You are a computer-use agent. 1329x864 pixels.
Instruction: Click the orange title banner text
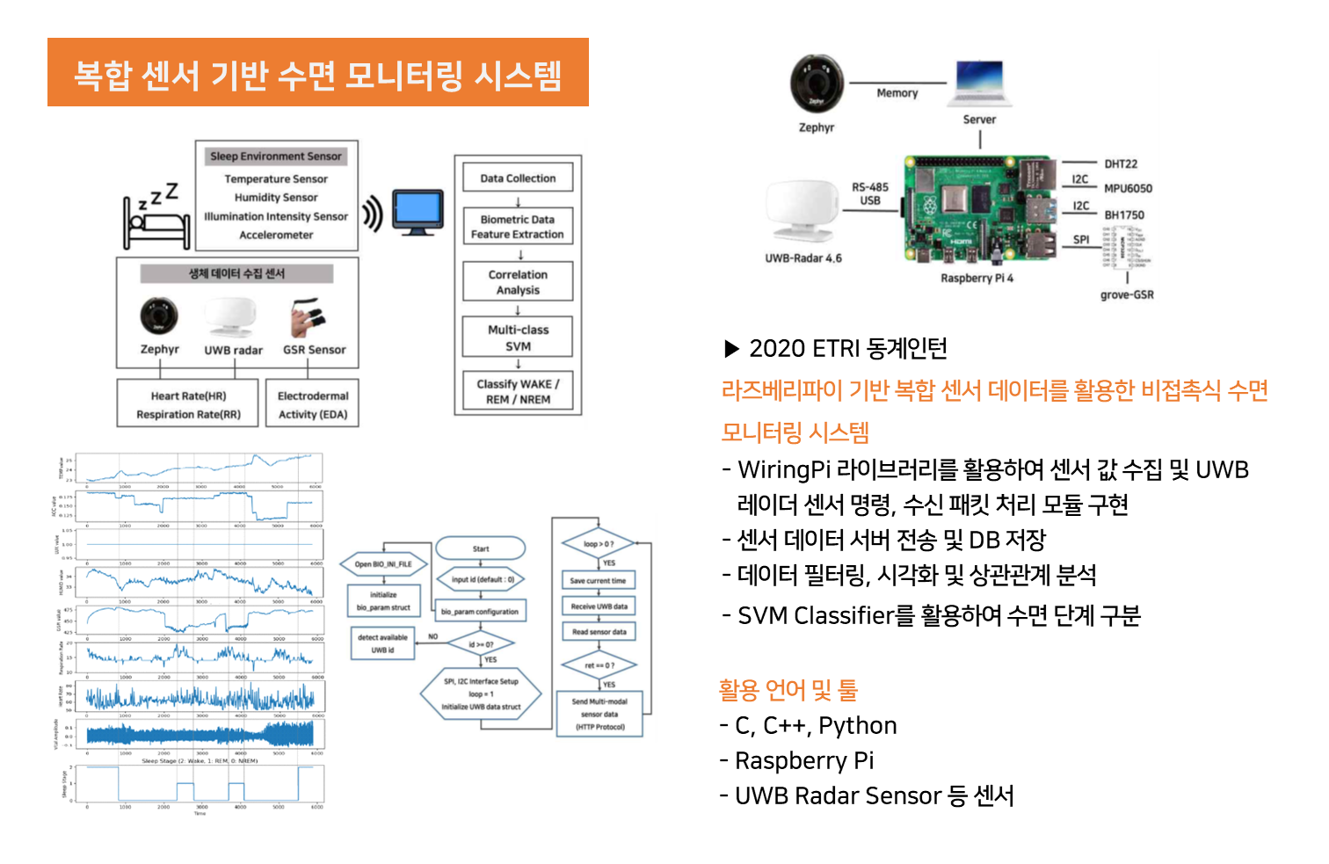pos(317,74)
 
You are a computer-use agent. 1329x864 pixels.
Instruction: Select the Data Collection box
pos(518,178)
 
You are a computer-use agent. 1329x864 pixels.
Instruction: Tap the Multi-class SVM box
pos(518,338)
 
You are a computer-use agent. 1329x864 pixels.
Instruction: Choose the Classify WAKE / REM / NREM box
pos(518,391)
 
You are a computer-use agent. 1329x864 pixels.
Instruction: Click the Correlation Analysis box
pos(518,282)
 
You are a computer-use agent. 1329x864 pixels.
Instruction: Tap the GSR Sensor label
pos(314,350)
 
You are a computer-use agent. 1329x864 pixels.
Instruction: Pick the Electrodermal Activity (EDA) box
pos(313,404)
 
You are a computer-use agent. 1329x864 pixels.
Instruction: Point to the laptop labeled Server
pos(979,83)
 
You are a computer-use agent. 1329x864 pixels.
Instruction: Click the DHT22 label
pos(1121,164)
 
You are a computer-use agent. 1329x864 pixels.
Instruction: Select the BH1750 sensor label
pos(1124,215)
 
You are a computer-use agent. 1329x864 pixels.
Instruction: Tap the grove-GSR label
pos(1127,295)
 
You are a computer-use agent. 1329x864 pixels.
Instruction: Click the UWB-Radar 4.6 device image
pos(802,211)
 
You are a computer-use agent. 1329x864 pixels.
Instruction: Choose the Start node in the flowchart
pos(481,549)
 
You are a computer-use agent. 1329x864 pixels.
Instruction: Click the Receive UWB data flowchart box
pos(599,606)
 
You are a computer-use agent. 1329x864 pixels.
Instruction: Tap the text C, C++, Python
pos(815,726)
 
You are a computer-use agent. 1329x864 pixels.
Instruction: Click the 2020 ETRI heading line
pos(835,349)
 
